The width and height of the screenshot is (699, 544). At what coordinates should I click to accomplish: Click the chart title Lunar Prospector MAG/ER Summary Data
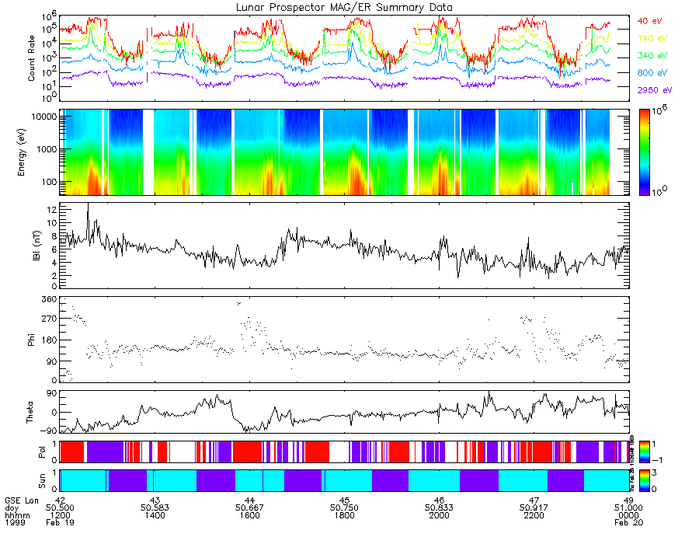click(x=345, y=7)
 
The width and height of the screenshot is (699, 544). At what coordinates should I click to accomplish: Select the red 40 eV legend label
click(x=650, y=20)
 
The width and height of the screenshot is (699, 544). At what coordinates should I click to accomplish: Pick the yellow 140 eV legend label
click(x=652, y=37)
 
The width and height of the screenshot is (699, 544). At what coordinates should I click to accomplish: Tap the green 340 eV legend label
click(x=652, y=55)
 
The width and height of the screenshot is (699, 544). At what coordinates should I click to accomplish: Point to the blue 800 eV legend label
click(x=652, y=73)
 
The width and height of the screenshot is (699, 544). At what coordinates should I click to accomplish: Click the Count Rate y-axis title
click(x=32, y=59)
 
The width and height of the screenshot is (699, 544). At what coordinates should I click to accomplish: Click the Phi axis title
click(x=32, y=339)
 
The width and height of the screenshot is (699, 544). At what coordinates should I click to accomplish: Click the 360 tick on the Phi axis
click(x=48, y=299)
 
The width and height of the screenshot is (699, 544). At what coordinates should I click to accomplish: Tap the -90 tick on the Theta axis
click(x=48, y=430)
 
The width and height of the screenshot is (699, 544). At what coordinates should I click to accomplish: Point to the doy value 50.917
click(x=534, y=507)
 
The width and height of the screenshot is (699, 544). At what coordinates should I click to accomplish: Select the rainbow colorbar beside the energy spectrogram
click(x=643, y=152)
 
